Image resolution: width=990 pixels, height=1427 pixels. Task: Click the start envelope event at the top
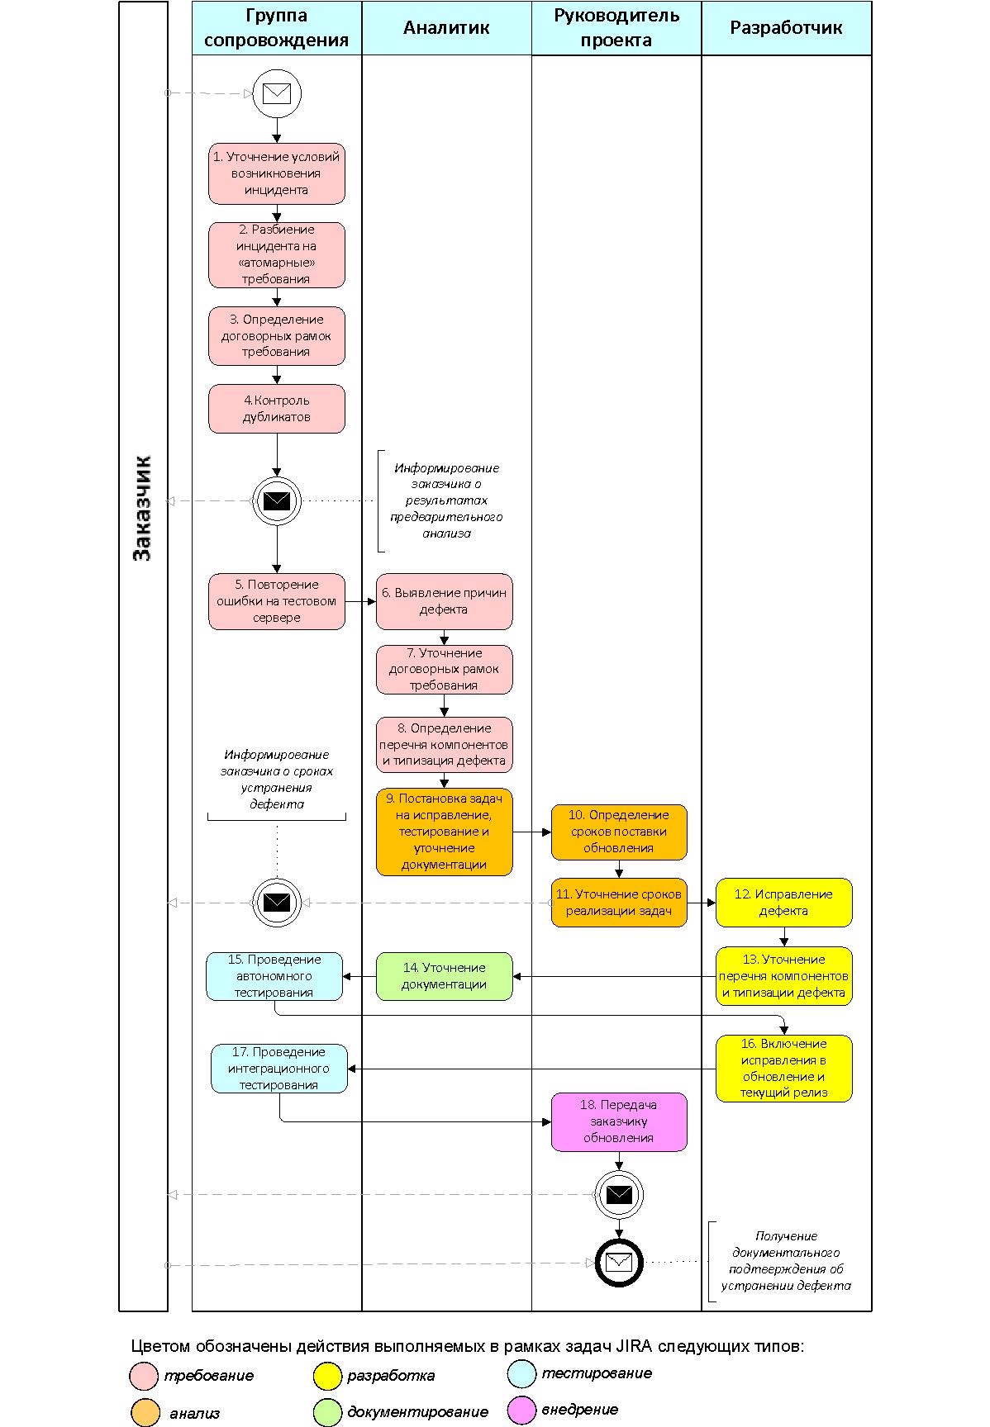coord(277,93)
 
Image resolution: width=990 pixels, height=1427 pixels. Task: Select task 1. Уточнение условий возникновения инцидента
coord(277,173)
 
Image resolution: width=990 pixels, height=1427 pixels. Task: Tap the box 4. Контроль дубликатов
coord(277,409)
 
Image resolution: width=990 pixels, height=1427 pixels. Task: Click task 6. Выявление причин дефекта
coord(445,601)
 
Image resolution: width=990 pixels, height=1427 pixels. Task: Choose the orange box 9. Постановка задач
coord(445,832)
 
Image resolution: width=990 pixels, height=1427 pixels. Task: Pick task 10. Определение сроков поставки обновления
coord(619,832)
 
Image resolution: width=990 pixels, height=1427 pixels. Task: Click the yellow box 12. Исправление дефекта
coord(783,903)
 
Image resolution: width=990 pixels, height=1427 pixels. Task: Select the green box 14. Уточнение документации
coord(445,976)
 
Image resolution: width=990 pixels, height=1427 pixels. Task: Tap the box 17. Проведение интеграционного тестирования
coord(279,1069)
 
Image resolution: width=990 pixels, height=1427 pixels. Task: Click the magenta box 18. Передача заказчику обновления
coord(619,1121)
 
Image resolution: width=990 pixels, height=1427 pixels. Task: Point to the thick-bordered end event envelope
coord(619,1262)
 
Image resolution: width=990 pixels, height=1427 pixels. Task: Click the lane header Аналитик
coord(446,28)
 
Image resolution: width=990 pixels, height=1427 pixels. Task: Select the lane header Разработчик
coord(786,28)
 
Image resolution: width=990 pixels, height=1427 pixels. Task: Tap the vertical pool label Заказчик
coord(143,508)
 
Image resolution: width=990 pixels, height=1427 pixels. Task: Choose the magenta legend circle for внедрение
coord(522,1410)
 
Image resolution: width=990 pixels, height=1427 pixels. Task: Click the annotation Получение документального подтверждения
coord(786,1261)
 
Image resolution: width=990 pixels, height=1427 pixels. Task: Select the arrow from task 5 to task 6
coord(360,601)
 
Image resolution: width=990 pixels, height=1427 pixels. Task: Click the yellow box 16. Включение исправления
coord(783,1069)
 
